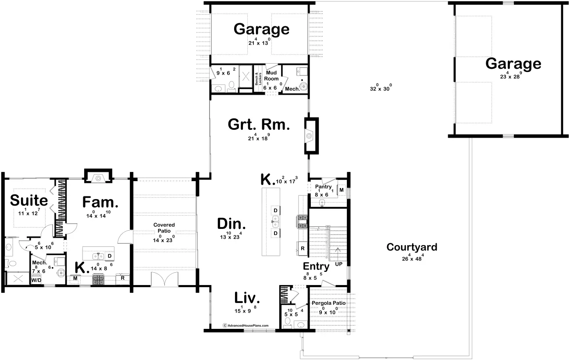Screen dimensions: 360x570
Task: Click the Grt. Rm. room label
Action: coord(259,125)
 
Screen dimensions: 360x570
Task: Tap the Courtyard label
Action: coord(412,247)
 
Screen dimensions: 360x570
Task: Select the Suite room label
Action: coord(29,201)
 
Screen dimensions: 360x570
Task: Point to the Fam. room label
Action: coord(100,203)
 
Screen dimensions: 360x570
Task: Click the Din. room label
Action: coord(232,224)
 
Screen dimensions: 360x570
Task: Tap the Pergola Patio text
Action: coord(328,303)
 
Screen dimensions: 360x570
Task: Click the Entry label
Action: coord(316,267)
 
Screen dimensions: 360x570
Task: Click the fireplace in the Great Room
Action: coord(310,135)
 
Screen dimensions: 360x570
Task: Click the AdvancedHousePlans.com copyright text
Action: coord(246,326)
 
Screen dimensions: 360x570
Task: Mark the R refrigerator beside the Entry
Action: coord(302,249)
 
